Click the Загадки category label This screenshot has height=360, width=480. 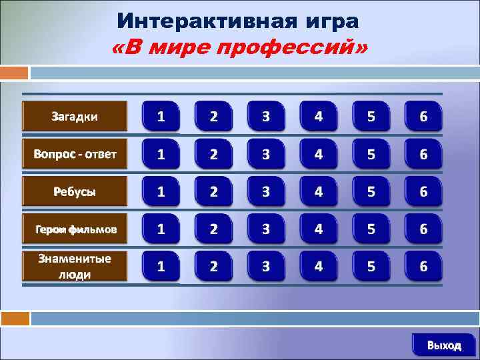coord(75,116)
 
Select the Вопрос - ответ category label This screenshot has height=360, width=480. coord(75,154)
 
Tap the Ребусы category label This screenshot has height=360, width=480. coord(75,191)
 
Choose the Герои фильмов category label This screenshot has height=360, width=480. coord(75,229)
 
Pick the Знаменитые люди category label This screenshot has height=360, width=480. coord(75,266)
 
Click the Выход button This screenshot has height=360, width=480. coord(444,345)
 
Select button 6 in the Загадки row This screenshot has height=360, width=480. coord(423,117)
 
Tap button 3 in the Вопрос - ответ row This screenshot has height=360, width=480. coord(266,155)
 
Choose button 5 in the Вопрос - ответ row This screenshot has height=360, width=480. coord(371,155)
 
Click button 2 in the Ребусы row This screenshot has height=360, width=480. coord(213,192)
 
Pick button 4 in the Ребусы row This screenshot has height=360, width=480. coord(319,192)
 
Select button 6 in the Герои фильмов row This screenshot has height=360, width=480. coord(423,229)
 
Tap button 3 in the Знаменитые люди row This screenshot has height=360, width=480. coord(266,267)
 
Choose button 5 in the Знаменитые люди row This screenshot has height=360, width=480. coord(371,267)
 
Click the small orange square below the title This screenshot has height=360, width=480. coord(15,72)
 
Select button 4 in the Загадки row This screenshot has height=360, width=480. coord(319,117)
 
